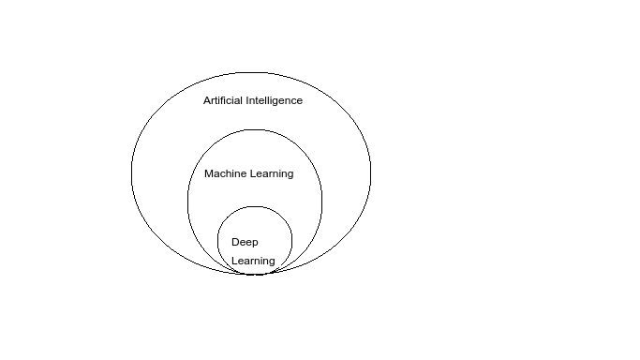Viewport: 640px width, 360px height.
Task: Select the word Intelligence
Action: (x=275, y=100)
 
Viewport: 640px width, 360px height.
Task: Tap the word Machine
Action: (x=226, y=173)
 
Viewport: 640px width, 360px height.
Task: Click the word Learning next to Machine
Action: (x=272, y=173)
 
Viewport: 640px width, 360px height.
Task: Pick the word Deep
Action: (x=245, y=242)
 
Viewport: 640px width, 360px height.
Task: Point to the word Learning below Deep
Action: (x=253, y=261)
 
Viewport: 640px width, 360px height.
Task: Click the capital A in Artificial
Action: (x=207, y=100)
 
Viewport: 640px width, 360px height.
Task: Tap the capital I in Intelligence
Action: (x=247, y=100)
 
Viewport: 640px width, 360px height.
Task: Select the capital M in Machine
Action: (x=208, y=173)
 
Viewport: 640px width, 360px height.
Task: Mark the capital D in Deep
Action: (x=235, y=242)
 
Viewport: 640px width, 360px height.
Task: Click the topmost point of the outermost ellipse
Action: (x=251, y=70)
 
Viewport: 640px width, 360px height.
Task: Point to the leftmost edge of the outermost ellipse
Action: (x=131, y=172)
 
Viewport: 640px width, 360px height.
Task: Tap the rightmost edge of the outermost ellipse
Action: (x=371, y=172)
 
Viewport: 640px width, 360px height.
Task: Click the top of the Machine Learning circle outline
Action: (x=255, y=129)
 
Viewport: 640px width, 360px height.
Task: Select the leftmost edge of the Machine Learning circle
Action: (x=187, y=202)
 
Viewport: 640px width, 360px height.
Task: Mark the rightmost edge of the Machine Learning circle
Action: (x=322, y=202)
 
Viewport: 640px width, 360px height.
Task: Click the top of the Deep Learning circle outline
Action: (x=255, y=206)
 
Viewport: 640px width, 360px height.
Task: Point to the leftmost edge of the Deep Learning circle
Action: (x=217, y=241)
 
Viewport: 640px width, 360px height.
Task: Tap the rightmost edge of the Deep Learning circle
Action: (x=292, y=241)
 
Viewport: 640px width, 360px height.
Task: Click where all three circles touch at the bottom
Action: (x=255, y=274)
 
